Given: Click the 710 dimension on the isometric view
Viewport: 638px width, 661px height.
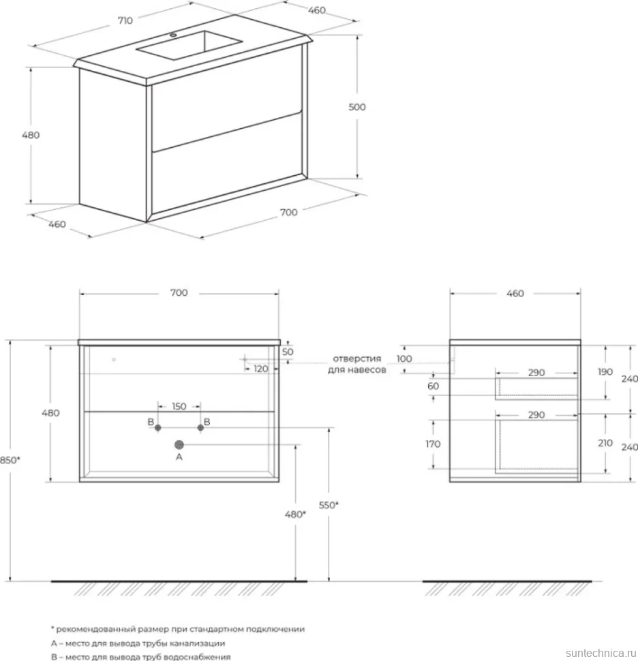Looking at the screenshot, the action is (x=125, y=20).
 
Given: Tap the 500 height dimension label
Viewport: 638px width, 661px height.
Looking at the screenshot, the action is (x=356, y=107).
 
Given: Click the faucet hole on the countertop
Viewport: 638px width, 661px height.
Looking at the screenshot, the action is (x=173, y=35).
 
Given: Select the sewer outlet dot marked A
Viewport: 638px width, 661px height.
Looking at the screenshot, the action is (x=179, y=444).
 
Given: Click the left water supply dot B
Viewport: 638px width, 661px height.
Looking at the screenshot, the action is (x=157, y=427).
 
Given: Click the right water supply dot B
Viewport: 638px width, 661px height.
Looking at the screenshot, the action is (x=200, y=427).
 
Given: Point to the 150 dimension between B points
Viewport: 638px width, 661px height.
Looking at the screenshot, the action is (x=179, y=406).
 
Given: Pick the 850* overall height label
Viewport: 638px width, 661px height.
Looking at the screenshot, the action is (x=10, y=460).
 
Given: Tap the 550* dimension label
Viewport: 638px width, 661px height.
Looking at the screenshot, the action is (x=329, y=504).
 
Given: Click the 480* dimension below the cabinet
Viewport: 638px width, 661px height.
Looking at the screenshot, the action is (x=295, y=514).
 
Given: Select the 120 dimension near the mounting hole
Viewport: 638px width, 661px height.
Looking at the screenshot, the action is (x=260, y=369).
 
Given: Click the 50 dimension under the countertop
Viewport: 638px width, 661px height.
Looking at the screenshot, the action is (x=288, y=352).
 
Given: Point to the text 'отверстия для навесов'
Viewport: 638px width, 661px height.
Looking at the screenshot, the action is (x=356, y=364).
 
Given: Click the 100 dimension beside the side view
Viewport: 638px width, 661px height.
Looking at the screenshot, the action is (x=404, y=358).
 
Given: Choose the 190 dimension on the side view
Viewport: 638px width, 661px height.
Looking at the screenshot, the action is (x=605, y=372).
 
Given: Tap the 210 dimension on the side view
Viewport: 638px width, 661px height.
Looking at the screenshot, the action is (x=605, y=443).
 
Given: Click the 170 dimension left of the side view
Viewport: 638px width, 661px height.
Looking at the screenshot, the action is (x=433, y=444).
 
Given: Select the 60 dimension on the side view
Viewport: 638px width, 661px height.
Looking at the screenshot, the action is (x=433, y=386).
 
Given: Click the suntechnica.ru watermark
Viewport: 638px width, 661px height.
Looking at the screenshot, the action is (x=601, y=653).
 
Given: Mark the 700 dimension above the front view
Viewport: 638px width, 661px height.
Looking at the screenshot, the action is (x=179, y=292).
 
